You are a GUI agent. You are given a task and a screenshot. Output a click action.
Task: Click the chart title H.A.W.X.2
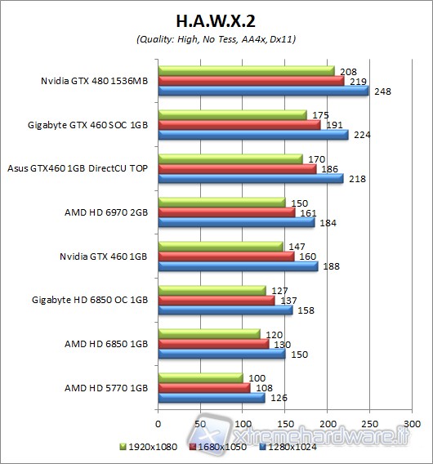pos(216,19)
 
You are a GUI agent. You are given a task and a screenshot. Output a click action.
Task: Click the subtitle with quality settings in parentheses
pos(216,41)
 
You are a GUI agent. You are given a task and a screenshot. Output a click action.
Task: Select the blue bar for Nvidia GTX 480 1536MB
pos(263,91)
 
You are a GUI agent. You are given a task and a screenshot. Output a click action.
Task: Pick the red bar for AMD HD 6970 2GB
pos(226,212)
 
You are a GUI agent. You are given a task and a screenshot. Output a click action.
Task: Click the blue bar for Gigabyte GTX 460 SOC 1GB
pos(253,135)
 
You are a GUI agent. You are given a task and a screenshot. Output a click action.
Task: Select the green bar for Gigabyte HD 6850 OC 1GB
pos(212,290)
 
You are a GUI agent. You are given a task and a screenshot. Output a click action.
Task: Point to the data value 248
pos(382,91)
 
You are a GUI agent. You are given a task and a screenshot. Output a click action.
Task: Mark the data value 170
pos(315,159)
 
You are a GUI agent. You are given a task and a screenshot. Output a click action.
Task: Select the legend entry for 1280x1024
pos(293,448)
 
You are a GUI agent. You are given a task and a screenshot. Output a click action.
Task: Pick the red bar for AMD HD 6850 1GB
pos(213,344)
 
